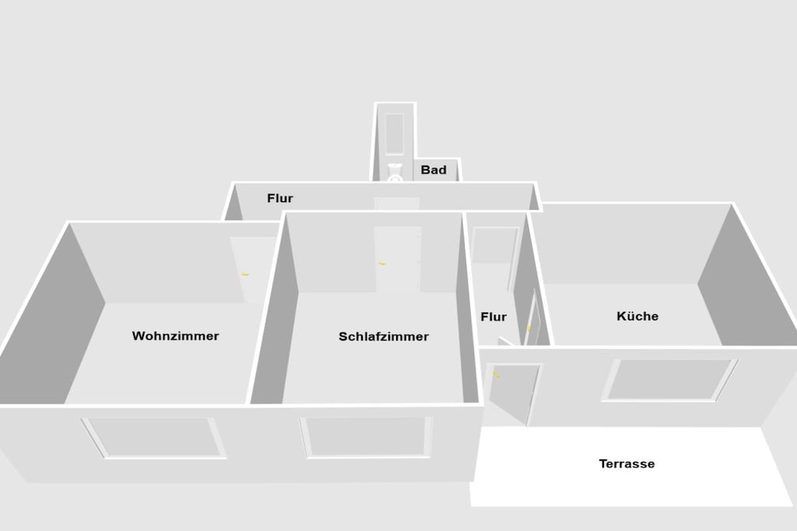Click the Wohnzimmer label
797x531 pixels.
175,336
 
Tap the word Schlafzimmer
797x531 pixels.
384,337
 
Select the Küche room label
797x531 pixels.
637,316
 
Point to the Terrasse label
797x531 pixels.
627,463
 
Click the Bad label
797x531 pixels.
434,170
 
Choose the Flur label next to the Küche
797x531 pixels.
493,316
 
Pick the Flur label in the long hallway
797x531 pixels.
280,198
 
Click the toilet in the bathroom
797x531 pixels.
395,173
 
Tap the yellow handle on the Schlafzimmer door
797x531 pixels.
382,264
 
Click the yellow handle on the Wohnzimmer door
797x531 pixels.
245,274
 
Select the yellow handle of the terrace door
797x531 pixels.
496,375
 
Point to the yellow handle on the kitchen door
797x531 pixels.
528,328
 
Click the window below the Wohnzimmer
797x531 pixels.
153,438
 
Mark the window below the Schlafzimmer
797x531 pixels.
366,437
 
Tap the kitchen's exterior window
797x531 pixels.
669,380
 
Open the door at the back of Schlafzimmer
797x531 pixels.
398,259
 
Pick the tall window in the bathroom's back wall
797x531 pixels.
395,134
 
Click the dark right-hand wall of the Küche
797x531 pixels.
747,285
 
